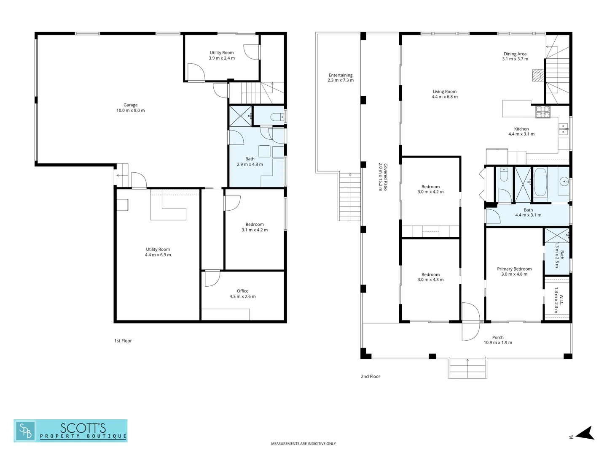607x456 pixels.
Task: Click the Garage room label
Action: pyautogui.click(x=130, y=105)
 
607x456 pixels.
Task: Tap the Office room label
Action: pyautogui.click(x=242, y=291)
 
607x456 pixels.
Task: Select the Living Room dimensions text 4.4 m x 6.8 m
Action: pyautogui.click(x=444, y=97)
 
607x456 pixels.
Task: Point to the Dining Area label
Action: pyautogui.click(x=515, y=54)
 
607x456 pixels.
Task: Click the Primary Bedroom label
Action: pyautogui.click(x=514, y=269)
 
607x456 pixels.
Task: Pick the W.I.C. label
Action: pyautogui.click(x=561, y=300)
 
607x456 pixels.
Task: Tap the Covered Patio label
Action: pyautogui.click(x=386, y=177)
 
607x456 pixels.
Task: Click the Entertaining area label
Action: pyautogui.click(x=341, y=75)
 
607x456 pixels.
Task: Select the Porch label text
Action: pyautogui.click(x=498, y=337)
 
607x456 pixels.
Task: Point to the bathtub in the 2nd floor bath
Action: pyautogui.click(x=540, y=182)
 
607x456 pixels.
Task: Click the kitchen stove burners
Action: pyautogui.click(x=543, y=111)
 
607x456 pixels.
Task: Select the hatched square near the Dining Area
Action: pyautogui.click(x=538, y=75)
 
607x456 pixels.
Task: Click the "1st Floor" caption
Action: pyautogui.click(x=123, y=341)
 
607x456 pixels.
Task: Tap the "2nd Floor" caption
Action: pyautogui.click(x=371, y=377)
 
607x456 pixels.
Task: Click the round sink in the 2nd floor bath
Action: pyautogui.click(x=564, y=182)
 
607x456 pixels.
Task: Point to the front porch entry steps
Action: pyautogui.click(x=467, y=368)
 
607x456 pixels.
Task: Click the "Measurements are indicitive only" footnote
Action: pyautogui.click(x=303, y=443)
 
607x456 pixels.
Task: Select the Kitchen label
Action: pyautogui.click(x=521, y=129)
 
